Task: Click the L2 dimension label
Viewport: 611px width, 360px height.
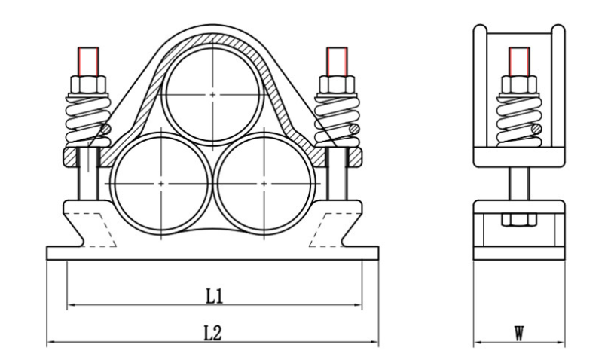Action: [x=214, y=332]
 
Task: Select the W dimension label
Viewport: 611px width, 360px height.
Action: [x=519, y=332]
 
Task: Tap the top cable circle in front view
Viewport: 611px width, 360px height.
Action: [x=213, y=93]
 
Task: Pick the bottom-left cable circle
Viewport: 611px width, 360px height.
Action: [x=162, y=183]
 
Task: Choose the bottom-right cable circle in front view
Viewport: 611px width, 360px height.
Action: [x=264, y=183]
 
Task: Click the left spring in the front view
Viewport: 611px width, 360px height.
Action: [x=88, y=119]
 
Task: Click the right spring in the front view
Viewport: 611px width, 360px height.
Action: [x=337, y=119]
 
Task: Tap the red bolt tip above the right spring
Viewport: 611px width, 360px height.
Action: [x=337, y=59]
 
